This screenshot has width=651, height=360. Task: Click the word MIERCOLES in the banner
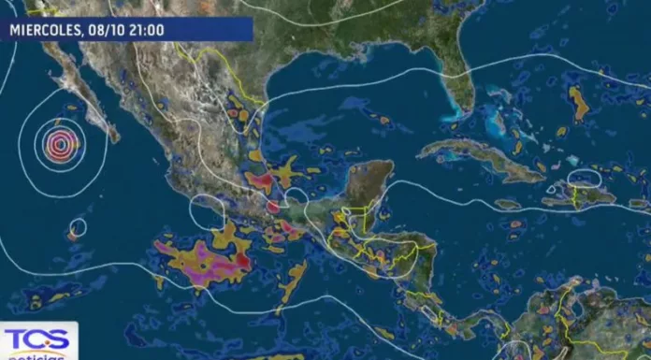[x=46, y=30]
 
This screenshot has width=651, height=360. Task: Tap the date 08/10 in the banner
[x=105, y=30]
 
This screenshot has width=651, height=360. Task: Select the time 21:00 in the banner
[x=145, y=30]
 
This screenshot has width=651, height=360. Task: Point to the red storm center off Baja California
[x=62, y=144]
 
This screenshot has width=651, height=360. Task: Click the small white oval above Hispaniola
[x=585, y=177]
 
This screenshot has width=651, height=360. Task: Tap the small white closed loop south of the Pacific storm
[x=78, y=226]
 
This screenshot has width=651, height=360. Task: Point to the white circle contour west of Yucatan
[x=296, y=198]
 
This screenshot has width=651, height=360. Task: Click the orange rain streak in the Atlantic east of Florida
[x=580, y=103]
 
